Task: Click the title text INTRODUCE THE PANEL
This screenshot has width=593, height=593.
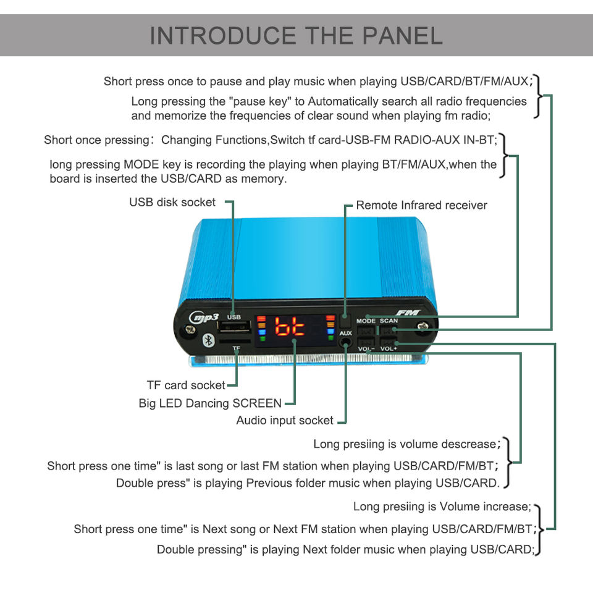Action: (296, 35)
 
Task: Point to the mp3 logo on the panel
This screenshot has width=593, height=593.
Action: (204, 318)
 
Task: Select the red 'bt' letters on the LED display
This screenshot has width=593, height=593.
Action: (290, 327)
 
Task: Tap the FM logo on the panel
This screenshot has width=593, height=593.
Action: (408, 313)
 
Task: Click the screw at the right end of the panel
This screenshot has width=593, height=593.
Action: (423, 329)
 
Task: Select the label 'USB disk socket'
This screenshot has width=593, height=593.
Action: (172, 202)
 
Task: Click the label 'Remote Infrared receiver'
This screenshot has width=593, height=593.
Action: (421, 205)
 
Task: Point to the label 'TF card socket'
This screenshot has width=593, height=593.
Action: (185, 385)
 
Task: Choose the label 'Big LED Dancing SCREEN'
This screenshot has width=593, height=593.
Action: (210, 403)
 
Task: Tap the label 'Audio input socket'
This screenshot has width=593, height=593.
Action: (285, 420)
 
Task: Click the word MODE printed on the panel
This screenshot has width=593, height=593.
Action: (366, 321)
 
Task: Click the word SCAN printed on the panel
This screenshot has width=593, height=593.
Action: (389, 321)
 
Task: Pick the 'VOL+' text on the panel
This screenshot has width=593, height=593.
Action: (389, 349)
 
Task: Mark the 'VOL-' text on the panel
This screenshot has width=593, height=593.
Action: (366, 349)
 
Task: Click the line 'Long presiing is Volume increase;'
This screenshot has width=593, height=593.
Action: (442, 507)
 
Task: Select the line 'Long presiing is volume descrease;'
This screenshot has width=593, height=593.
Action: (405, 444)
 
